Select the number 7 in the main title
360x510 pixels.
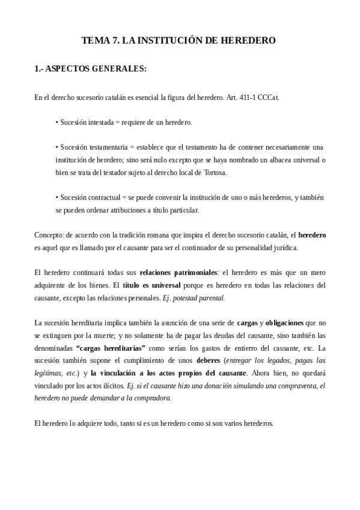click(115, 41)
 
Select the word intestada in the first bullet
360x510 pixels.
click(102, 122)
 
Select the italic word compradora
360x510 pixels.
click(154, 398)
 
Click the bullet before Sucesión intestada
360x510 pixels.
click(56, 123)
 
